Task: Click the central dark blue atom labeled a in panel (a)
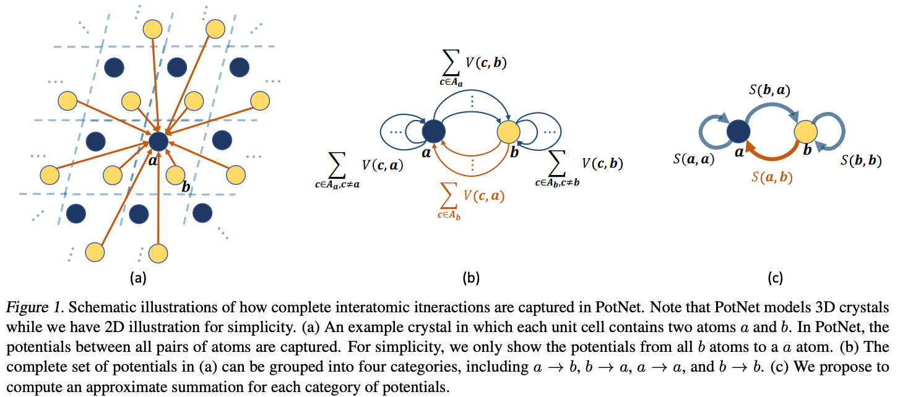pos(158,141)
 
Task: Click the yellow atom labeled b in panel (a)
pos(175,176)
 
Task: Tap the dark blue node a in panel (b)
pos(433,131)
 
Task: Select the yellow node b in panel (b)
pos(509,132)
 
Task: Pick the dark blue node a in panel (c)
pos(738,131)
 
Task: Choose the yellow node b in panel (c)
pos(805,131)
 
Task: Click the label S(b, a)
pos(769,90)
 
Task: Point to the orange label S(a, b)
pos(772,177)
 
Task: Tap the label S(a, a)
pos(694,160)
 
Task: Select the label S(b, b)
pos(861,161)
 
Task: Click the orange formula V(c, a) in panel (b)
pos(484,196)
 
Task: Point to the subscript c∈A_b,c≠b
pos(557,183)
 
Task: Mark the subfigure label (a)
pos(138,278)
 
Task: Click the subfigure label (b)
pos(471,278)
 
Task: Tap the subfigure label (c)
pos(775,278)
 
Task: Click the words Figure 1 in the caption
pos(35,307)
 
